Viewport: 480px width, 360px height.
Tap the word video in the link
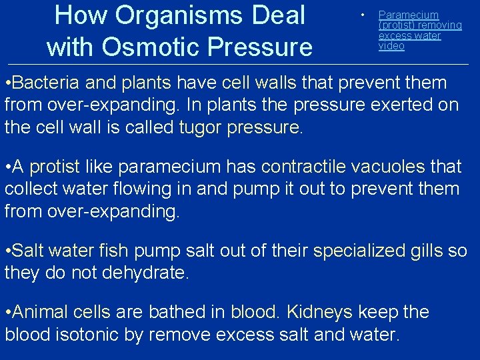(391, 46)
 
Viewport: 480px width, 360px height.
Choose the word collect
(32, 189)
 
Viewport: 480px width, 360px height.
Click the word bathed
(186, 313)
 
